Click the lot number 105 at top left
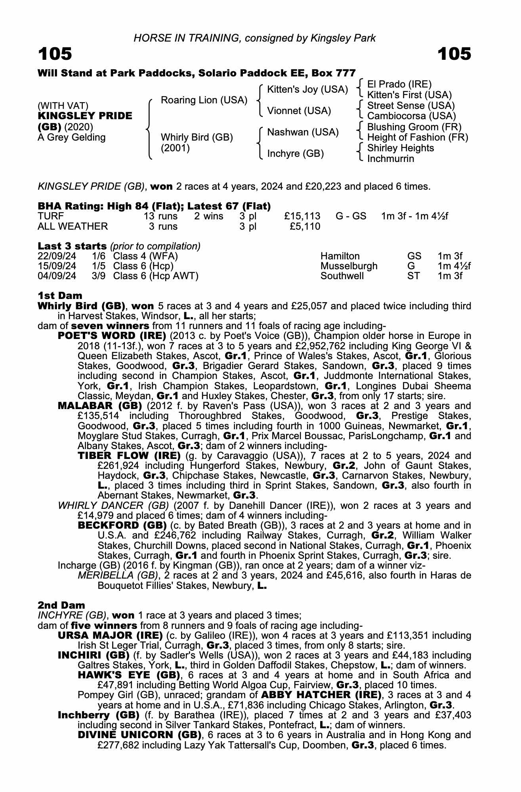tap(55, 54)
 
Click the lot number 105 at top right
tap(454, 54)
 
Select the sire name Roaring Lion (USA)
tap(204, 100)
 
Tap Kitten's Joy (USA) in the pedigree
tap(307, 89)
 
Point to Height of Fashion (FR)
tap(418, 137)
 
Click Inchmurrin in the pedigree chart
tap(391, 159)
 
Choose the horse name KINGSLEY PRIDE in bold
tap(85, 116)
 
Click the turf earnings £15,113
tap(302, 216)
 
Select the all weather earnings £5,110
tap(305, 227)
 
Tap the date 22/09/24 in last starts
tap(57, 256)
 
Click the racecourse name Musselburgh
tap(349, 266)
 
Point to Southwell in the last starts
tap(342, 276)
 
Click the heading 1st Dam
tap(60, 295)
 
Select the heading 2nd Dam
tap(61, 605)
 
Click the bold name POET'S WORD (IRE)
tap(112, 336)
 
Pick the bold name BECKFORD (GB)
tap(122, 525)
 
